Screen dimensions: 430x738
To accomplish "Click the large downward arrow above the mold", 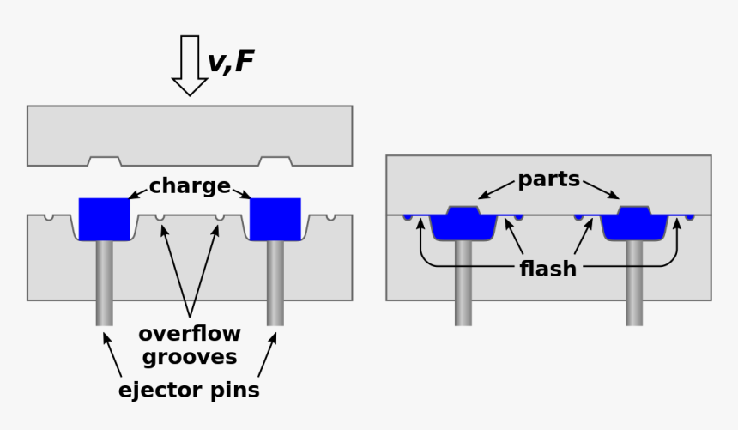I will [190, 64].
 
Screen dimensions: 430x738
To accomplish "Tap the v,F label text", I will [230, 62].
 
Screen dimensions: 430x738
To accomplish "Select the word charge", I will [190, 186].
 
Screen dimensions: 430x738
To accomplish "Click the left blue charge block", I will [104, 219].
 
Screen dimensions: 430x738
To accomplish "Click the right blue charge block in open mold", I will [275, 219].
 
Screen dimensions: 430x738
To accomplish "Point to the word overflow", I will [190, 333].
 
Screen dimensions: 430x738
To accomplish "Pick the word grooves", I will [190, 356].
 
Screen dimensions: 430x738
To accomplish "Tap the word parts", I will [548, 180].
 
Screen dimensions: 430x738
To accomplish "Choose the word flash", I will [548, 270].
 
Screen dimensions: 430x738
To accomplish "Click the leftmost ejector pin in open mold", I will [104, 283].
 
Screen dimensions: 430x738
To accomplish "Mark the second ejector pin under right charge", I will [275, 283].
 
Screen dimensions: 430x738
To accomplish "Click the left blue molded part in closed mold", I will [463, 224].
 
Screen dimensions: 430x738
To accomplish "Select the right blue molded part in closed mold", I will [634, 224].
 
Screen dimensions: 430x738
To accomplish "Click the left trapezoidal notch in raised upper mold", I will [104, 161].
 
